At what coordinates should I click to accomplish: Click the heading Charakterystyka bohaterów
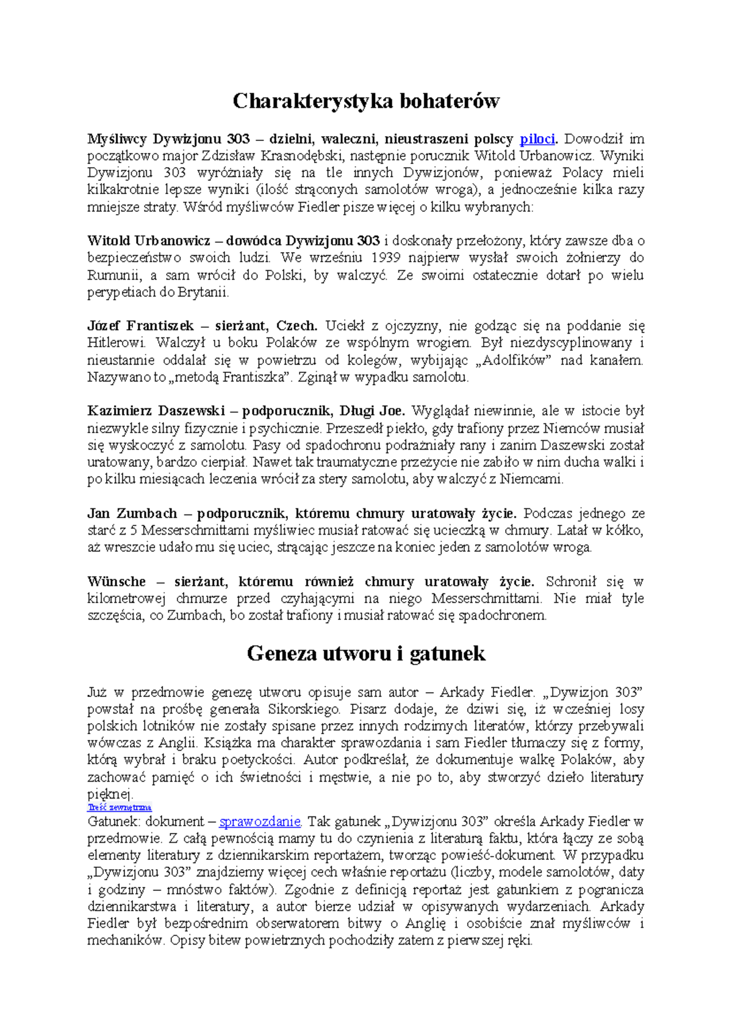pos(366,101)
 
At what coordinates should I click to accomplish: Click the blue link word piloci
pos(537,139)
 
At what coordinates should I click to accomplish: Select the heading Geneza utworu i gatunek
pos(366,654)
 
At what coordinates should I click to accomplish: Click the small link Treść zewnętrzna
pos(120,807)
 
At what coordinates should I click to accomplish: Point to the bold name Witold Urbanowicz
pos(148,241)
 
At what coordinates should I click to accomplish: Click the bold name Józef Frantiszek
pos(140,326)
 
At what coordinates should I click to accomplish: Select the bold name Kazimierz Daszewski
pos(156,411)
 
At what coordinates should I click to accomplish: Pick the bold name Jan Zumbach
pos(132,513)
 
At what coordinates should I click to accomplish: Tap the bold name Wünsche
pos(117,582)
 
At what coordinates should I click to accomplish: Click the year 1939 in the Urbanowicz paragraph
pos(387,258)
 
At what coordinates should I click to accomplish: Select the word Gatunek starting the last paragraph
pos(113,821)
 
